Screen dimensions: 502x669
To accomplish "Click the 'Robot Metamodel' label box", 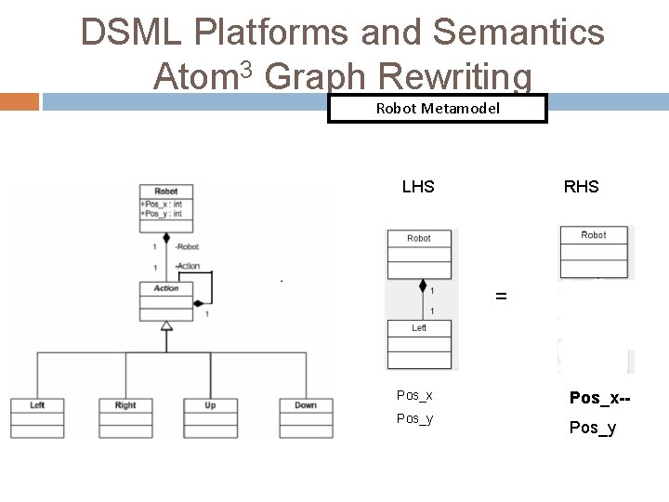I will pyautogui.click(x=438, y=109).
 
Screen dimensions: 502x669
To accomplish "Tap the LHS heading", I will pyautogui.click(x=418, y=187).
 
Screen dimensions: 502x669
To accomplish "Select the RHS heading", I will pyautogui.click(x=581, y=187).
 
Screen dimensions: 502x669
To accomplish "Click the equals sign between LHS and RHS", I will pyautogui.click(x=501, y=297).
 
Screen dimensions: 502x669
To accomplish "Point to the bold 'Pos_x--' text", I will pyautogui.click(x=599, y=398).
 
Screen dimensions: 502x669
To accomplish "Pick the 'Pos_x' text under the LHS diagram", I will pyautogui.click(x=414, y=396).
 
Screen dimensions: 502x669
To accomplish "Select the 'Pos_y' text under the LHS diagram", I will pyautogui.click(x=414, y=418).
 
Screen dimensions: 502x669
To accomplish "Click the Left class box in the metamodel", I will pyautogui.click(x=37, y=417).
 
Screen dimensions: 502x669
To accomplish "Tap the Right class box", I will pyautogui.click(x=125, y=417).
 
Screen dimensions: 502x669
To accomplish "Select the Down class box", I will pyautogui.click(x=305, y=417).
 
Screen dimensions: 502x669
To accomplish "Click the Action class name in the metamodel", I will pyautogui.click(x=165, y=288).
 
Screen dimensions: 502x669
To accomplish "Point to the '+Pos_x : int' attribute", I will pyautogui.click(x=161, y=205).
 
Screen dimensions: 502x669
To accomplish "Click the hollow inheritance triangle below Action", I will pyautogui.click(x=166, y=325).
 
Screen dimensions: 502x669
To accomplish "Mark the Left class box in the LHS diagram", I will pyautogui.click(x=419, y=343).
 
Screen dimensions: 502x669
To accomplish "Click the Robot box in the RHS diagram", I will pyautogui.click(x=594, y=251).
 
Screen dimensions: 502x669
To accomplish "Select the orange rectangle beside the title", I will pyautogui.click(x=20, y=100).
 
